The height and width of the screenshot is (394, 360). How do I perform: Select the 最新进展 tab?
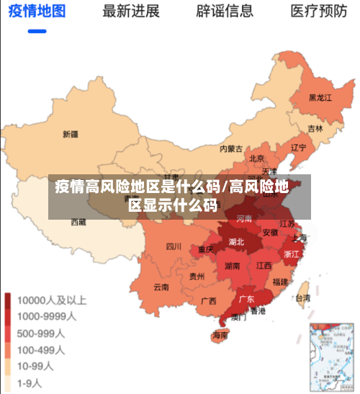point(131,12)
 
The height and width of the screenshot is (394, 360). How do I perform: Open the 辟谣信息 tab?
point(225,12)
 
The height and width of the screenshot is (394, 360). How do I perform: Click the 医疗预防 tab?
point(319,12)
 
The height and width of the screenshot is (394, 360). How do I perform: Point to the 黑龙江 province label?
point(320,97)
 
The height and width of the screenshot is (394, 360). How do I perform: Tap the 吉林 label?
point(315,129)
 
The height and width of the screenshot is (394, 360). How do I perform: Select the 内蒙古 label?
point(231,149)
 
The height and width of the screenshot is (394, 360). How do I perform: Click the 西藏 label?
point(78,223)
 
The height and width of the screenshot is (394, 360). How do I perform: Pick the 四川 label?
point(174,246)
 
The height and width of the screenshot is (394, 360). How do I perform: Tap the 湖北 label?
point(236,242)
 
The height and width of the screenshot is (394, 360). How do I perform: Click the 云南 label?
point(161,287)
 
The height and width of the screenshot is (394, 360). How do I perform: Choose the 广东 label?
point(246,299)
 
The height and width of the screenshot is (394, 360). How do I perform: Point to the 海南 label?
point(220,335)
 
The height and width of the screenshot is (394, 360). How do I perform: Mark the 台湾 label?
point(303,297)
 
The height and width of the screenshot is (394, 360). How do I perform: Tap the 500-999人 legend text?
point(41,333)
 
